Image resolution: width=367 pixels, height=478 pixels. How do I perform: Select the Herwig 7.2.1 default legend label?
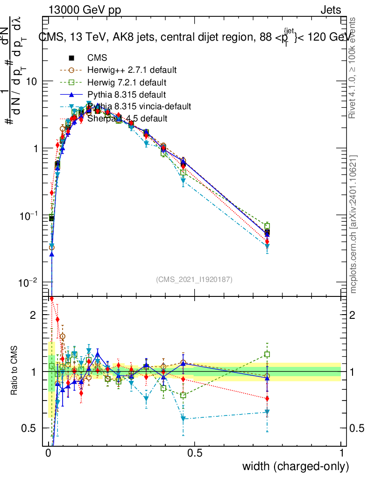click(127, 83)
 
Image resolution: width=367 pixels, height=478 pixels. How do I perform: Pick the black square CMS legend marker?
click(71, 58)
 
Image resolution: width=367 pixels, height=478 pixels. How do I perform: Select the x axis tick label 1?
click(341, 453)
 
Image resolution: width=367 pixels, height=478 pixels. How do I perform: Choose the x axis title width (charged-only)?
click(295, 466)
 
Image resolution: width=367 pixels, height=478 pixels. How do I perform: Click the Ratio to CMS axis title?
click(14, 371)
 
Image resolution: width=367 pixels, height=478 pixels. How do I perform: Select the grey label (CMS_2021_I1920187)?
click(194, 279)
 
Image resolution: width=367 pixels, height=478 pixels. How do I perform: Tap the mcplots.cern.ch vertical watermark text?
click(353, 224)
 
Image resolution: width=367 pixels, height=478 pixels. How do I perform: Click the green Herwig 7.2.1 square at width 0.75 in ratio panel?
click(267, 354)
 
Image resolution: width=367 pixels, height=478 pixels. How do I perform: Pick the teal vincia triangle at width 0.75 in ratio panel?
click(267, 412)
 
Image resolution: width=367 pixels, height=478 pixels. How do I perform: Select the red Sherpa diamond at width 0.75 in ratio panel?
click(267, 399)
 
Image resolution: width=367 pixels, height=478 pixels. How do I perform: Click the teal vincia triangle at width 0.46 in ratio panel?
click(183, 419)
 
